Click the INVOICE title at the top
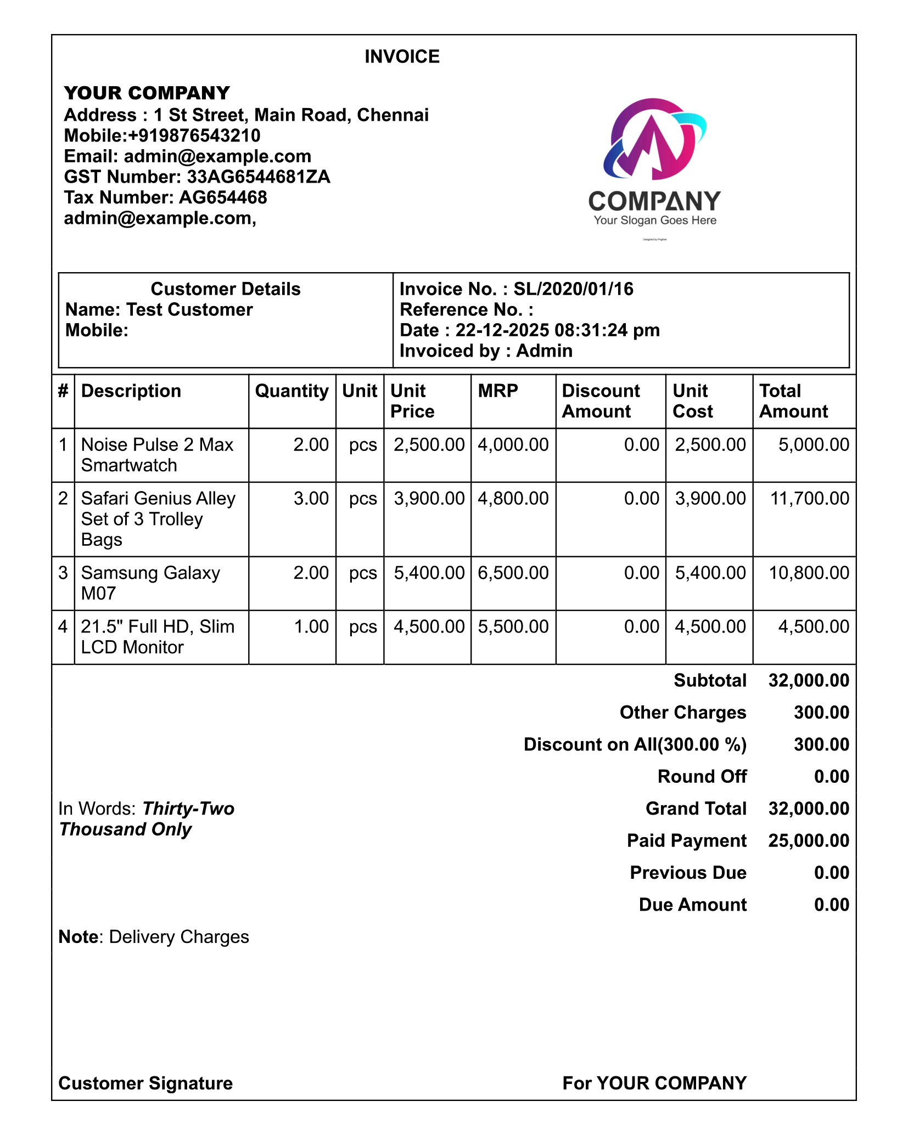[402, 57]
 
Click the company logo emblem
[653, 139]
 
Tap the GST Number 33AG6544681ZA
[258, 177]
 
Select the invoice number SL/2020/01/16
[573, 289]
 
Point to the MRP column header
[498, 391]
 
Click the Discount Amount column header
[601, 401]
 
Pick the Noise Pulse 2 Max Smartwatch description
[157, 455]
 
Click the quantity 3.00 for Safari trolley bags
[311, 498]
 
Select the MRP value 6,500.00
[513, 573]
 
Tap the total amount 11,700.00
[809, 498]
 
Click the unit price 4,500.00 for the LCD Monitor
[429, 626]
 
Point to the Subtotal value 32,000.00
[809, 680]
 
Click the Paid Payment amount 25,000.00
[809, 840]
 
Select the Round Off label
[702, 776]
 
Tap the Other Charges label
[682, 712]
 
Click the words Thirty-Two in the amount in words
[188, 809]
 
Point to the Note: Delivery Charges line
[154, 937]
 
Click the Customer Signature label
[145, 1083]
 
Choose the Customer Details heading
[226, 289]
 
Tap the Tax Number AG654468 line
[165, 197]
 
